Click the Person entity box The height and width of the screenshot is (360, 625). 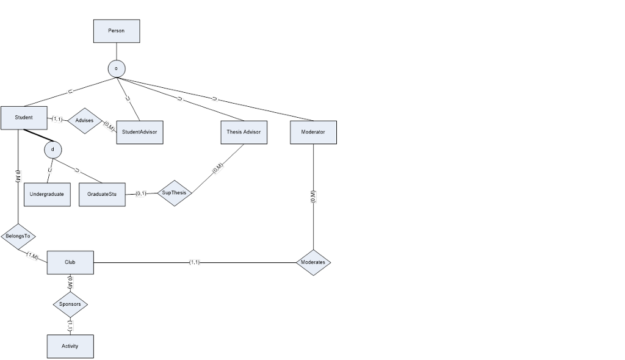point(116,31)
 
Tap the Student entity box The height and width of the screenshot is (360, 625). point(24,118)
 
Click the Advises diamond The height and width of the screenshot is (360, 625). point(84,121)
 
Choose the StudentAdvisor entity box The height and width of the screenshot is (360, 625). point(139,132)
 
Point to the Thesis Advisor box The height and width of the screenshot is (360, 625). point(244,132)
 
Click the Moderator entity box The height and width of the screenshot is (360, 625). point(313,132)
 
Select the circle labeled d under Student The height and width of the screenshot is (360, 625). point(53,149)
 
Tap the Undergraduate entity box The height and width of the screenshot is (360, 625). point(47,194)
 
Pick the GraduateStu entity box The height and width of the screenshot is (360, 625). point(102,194)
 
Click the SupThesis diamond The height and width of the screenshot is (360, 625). point(174,193)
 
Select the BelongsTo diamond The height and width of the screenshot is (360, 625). point(18,236)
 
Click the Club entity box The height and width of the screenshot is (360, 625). point(70,262)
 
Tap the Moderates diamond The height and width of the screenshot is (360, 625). point(313,262)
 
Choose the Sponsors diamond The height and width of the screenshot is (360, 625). point(70,303)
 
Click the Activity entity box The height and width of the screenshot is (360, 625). point(70,346)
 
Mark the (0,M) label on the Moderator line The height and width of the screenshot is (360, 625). point(313,196)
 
